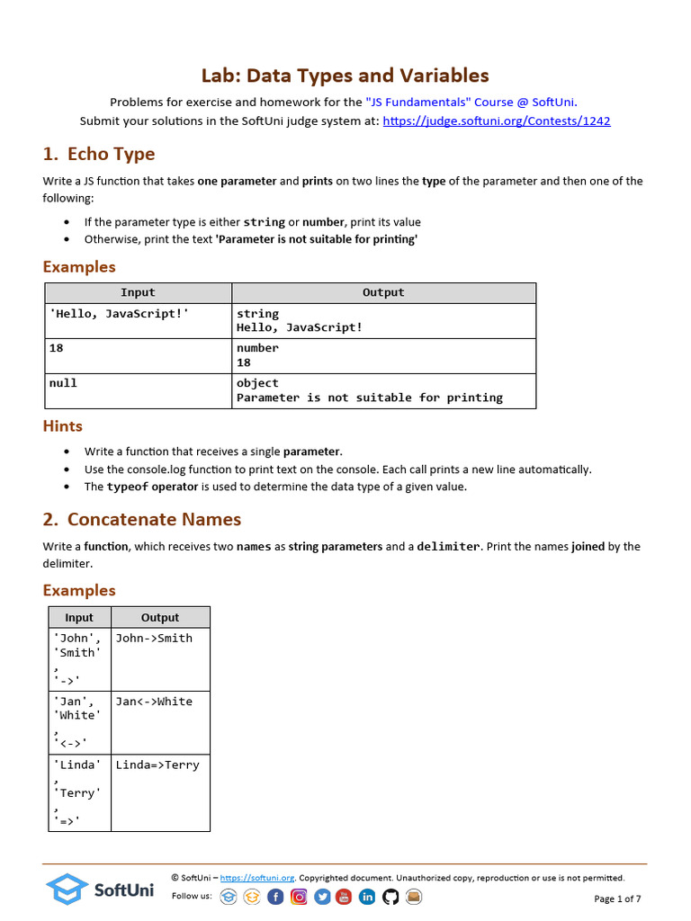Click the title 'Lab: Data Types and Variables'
345,76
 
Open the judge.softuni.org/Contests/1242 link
497,121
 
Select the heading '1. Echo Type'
99,154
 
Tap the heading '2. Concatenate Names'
142,519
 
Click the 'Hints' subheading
63,426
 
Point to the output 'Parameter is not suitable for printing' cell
370,398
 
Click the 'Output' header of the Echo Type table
383,292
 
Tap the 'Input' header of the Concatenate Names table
79,617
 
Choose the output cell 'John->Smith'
154,639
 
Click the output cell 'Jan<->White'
154,702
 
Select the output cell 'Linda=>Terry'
157,765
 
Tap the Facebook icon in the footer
275,897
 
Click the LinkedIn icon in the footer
367,897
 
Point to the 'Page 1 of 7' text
617,899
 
